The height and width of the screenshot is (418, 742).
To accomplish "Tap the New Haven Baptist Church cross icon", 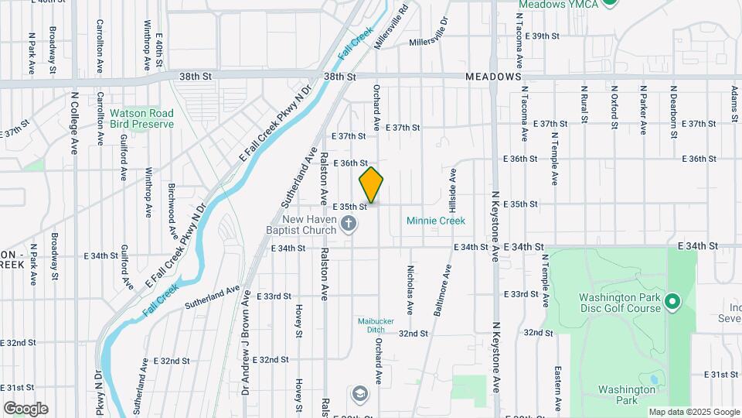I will pos(349,224).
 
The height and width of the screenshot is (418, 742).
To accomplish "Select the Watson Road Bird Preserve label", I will pos(141,118).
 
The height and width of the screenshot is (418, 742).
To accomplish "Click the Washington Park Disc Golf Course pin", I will pos(672,301).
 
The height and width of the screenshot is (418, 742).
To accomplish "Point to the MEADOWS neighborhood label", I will pos(493,77).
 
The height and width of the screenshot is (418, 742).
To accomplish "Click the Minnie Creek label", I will pos(436,221).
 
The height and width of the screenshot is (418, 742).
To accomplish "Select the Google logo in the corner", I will pos(26,408).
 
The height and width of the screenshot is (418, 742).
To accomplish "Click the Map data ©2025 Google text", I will pos(693,412).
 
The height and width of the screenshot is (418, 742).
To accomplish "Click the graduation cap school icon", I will pos(359,394).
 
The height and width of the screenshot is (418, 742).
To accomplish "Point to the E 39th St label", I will pos(541,36).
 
